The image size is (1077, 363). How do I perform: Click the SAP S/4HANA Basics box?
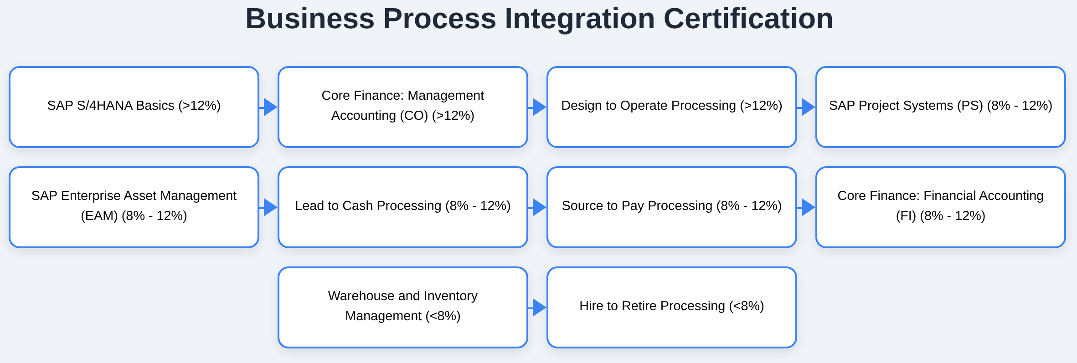[134, 107]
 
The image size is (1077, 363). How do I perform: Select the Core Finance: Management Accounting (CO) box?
[403, 107]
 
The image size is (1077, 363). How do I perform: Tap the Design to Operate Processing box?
[672, 107]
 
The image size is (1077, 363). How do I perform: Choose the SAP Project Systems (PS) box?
[941, 107]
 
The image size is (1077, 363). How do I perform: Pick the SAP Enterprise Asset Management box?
[134, 207]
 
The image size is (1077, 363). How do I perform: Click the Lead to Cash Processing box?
[403, 207]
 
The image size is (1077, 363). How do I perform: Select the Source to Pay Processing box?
[672, 207]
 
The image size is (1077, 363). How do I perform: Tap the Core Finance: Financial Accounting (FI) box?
[941, 207]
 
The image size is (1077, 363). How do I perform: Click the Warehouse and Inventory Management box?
[403, 307]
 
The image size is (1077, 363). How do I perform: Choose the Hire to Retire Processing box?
[672, 307]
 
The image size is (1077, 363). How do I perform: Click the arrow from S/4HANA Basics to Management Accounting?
[269, 107]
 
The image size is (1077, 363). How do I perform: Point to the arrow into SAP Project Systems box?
[807, 107]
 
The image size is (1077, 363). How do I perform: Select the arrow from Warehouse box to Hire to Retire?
[538, 307]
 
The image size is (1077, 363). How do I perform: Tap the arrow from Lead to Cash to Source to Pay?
[538, 207]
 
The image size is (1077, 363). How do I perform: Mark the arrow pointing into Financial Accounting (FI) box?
[807, 207]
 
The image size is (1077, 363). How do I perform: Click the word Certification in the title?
[748, 19]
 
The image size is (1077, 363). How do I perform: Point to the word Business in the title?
[310, 19]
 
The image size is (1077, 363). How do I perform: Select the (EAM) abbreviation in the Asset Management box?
[99, 216]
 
